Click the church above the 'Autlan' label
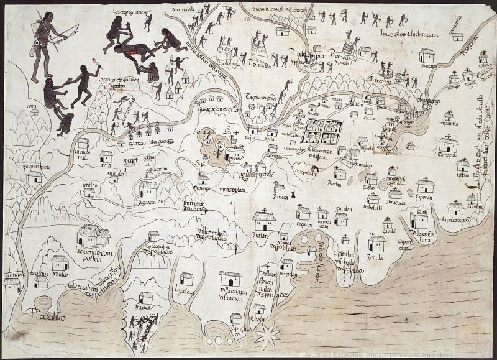[x=263, y=220]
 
